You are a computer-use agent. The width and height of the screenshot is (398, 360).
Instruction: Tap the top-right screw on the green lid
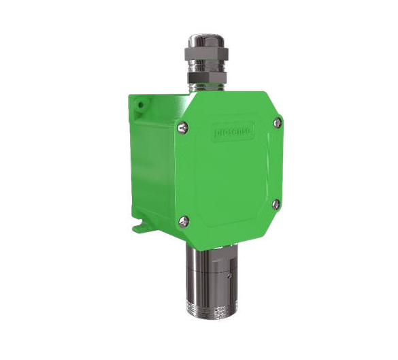pos(277,122)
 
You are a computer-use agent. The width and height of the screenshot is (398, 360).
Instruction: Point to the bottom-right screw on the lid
pos(276,203)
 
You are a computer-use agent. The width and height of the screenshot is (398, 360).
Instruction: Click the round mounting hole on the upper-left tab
pos(140,106)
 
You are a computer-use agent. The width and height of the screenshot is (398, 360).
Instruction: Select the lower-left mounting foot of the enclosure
pos(140,227)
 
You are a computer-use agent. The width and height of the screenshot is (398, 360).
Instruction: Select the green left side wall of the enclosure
pos(153,163)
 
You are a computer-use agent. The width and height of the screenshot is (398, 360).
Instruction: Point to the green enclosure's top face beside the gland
pos(170,99)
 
